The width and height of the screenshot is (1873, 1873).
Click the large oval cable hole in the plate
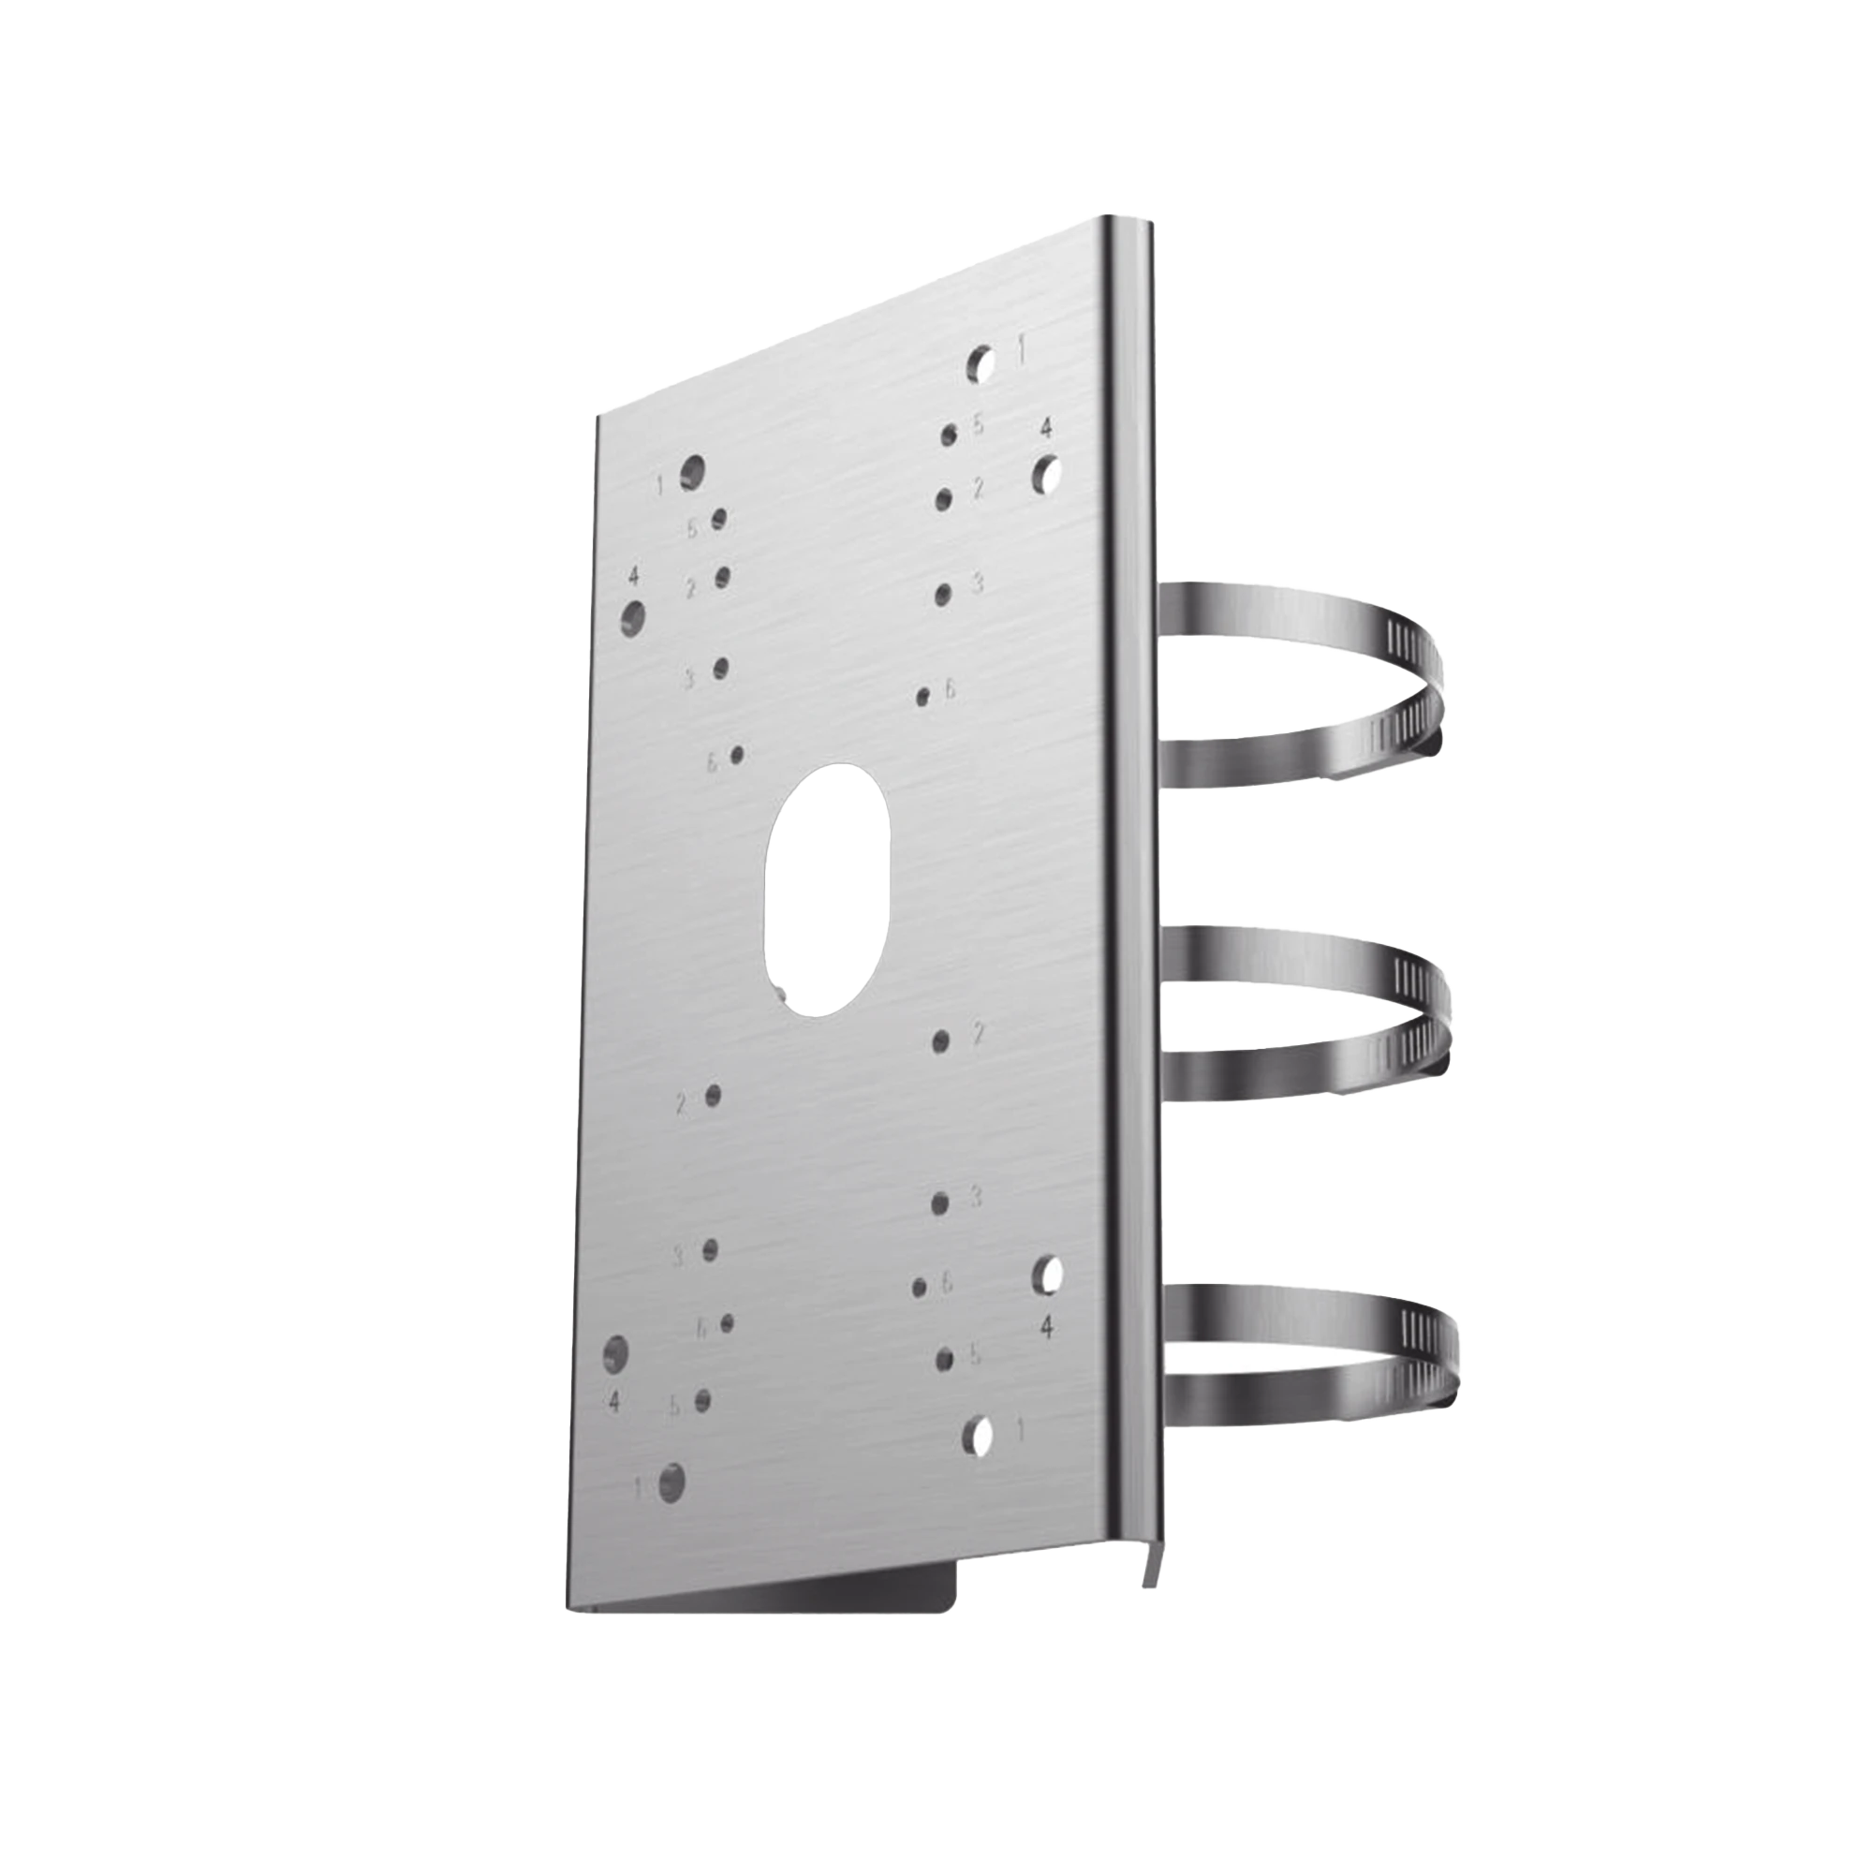[x=827, y=888]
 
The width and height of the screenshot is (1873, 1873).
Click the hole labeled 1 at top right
[x=981, y=362]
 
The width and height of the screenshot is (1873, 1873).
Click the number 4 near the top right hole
[x=1045, y=428]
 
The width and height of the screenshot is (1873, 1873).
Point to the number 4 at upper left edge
[x=633, y=576]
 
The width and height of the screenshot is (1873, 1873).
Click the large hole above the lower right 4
[x=1047, y=1273]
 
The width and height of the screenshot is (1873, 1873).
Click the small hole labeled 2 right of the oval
[x=939, y=1041]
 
